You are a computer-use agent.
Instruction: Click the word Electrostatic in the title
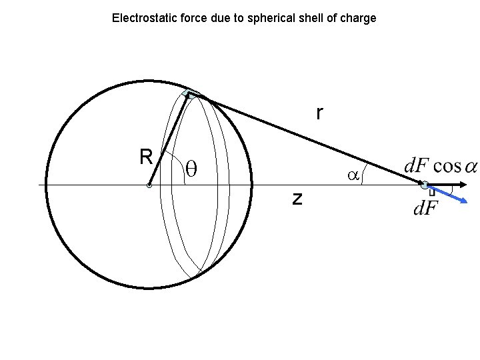tap(139, 18)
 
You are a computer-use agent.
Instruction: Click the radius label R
tap(146, 157)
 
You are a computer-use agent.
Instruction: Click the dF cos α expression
tap(441, 166)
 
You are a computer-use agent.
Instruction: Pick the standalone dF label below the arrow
tap(425, 209)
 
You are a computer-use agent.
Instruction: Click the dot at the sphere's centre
tap(149, 185)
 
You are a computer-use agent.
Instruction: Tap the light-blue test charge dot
tap(424, 185)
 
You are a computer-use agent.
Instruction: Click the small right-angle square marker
tap(432, 193)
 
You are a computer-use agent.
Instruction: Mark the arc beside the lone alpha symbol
tap(363, 177)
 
